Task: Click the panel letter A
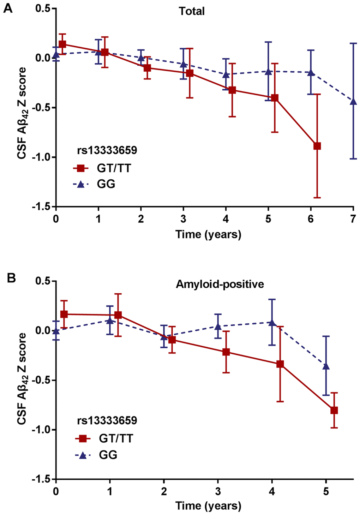7,8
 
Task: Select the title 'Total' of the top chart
192,11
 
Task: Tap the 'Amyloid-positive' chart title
220,284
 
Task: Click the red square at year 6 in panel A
317,146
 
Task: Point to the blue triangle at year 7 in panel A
353,101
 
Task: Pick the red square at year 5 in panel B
334,410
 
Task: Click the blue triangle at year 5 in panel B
326,366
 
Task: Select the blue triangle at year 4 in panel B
272,322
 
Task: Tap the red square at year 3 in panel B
226,352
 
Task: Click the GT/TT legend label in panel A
114,168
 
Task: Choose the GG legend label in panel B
108,455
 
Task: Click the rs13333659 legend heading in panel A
107,150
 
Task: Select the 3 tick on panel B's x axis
218,492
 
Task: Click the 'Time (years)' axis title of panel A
208,234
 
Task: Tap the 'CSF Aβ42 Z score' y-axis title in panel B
22,378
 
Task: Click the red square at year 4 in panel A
232,90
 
